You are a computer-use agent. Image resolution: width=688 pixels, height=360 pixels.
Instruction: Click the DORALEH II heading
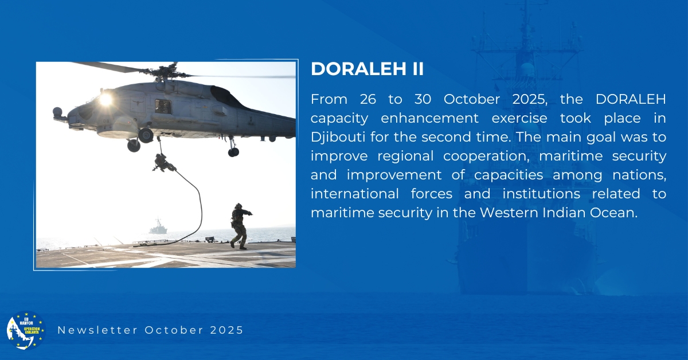point(367,68)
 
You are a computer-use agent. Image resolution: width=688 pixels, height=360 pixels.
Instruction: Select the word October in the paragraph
point(471,99)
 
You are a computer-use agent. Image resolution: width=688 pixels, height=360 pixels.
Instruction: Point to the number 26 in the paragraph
point(368,99)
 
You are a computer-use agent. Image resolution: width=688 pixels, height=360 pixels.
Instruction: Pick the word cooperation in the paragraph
point(486,156)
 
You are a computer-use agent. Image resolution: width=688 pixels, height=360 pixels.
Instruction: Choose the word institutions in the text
point(541,194)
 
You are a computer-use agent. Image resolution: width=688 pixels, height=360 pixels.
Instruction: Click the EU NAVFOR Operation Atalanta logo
point(26,330)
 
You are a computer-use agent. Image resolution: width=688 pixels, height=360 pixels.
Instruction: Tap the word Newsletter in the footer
point(97,330)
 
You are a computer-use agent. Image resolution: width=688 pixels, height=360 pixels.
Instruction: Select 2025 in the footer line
point(226,330)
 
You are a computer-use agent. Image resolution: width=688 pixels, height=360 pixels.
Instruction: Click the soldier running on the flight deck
point(240,226)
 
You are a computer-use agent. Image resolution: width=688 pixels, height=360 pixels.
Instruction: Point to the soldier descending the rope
point(164,162)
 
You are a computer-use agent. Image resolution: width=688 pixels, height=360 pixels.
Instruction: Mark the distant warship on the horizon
point(158,226)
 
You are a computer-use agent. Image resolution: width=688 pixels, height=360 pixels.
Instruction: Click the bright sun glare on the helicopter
point(105,99)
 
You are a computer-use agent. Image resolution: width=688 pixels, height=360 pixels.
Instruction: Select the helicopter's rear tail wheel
point(233,151)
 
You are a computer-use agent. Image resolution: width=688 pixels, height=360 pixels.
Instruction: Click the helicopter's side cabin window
point(163,107)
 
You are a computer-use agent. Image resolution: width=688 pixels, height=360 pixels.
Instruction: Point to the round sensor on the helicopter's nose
point(57,112)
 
